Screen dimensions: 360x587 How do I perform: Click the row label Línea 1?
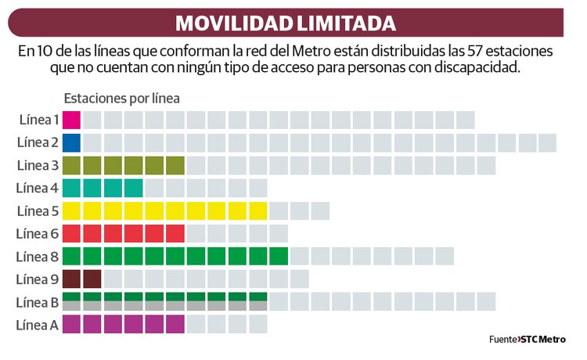[x=39, y=120]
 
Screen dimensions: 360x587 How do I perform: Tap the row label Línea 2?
[x=39, y=142]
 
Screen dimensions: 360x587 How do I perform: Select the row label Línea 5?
[x=39, y=211]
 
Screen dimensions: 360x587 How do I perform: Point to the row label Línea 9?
[x=39, y=279]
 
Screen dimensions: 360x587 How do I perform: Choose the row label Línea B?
[x=39, y=301]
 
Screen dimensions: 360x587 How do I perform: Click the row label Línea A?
[x=39, y=324]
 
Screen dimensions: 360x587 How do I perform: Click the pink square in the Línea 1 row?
[x=71, y=120]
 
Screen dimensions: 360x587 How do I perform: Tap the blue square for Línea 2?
[x=71, y=142]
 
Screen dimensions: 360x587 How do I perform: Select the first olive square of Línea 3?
[x=71, y=165]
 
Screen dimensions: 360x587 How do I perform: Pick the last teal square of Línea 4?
[x=133, y=188]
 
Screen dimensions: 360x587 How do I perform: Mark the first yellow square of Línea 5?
[x=71, y=211]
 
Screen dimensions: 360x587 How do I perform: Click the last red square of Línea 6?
[x=175, y=233]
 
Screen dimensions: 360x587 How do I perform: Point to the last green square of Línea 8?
[x=278, y=256]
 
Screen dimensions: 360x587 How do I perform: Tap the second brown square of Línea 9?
[x=92, y=279]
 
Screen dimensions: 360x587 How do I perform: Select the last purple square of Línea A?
[x=175, y=324]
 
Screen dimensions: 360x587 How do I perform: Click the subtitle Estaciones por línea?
[x=121, y=99]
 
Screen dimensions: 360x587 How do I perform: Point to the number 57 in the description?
[x=451, y=52]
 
